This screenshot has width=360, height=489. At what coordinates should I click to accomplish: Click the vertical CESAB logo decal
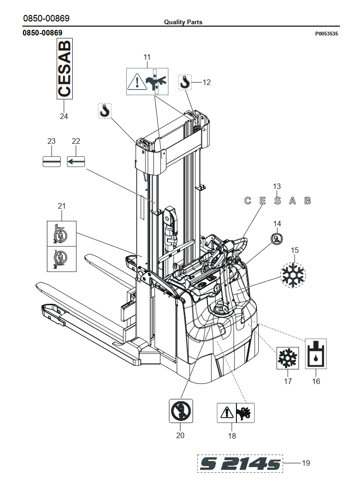click(64, 69)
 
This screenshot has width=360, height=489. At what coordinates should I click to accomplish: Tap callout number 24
click(63, 116)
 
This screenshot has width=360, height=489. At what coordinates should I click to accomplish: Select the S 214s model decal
click(240, 463)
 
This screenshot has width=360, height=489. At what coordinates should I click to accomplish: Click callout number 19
click(306, 463)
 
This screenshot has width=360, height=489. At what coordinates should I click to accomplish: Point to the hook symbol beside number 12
click(185, 82)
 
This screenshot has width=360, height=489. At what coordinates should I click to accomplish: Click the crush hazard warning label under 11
click(147, 81)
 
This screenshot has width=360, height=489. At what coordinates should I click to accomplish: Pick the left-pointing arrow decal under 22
click(76, 161)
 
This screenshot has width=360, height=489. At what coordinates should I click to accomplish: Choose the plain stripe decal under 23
click(51, 161)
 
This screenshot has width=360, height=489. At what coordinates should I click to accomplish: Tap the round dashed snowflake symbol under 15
click(293, 275)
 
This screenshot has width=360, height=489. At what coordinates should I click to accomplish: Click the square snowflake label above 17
click(287, 358)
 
